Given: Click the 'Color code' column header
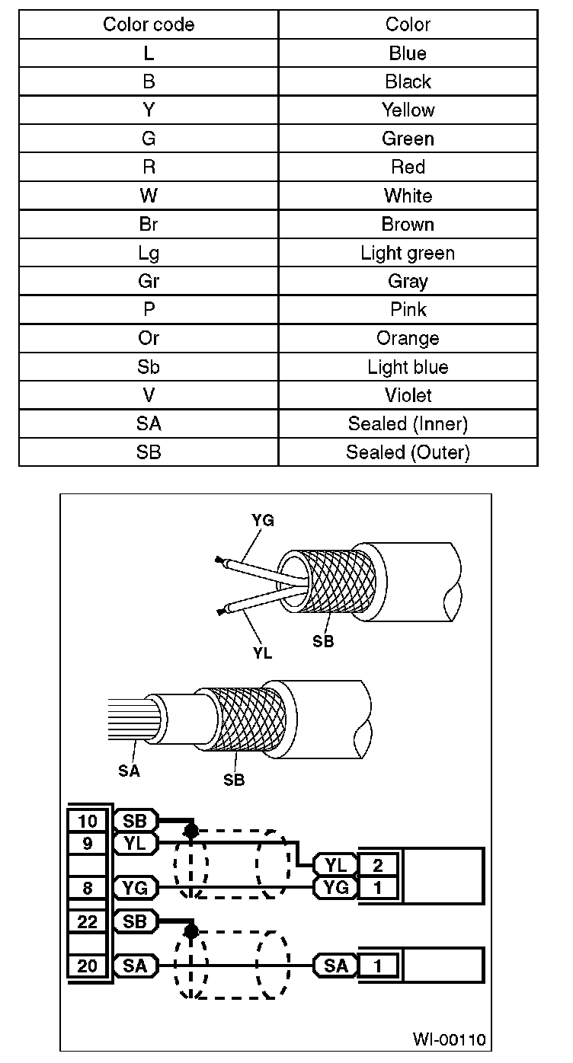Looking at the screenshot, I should point(149,24).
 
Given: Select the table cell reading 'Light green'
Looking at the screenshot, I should point(408,253).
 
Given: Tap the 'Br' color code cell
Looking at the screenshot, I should point(149,225).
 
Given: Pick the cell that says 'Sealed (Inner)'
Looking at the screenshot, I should point(408,424).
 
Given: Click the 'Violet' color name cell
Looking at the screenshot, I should point(408,395).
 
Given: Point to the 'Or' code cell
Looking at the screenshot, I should point(149,338).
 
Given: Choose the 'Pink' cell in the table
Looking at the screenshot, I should point(408,310).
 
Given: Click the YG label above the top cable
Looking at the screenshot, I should point(263,521).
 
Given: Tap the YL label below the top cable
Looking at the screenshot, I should point(263,653).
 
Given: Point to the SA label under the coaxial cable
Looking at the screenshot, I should point(130,771).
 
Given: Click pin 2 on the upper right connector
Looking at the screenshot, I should point(378,864).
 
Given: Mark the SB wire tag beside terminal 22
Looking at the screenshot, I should point(135,921).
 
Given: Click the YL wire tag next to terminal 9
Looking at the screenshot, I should point(135,843).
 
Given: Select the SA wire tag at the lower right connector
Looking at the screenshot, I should point(335,966).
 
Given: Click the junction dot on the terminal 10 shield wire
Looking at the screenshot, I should point(191,830).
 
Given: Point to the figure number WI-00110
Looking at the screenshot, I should point(449,1039).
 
